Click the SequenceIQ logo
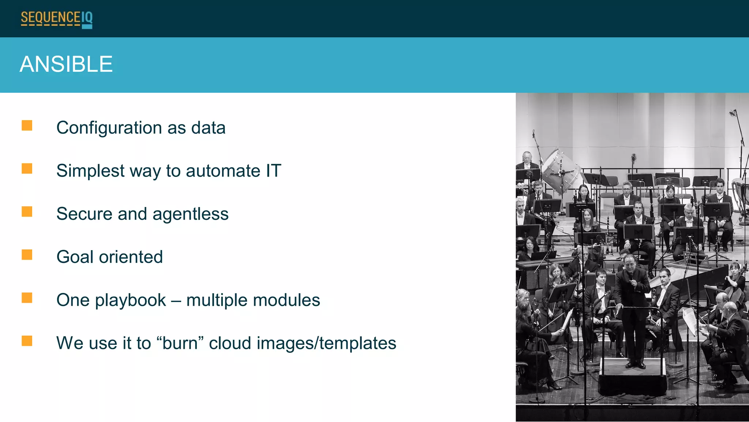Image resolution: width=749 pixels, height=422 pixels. (57, 19)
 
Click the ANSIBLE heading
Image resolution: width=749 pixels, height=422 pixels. (66, 64)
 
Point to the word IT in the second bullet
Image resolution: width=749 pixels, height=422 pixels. (274, 171)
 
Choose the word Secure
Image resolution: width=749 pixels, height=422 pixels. (84, 214)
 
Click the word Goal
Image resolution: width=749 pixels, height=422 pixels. (75, 257)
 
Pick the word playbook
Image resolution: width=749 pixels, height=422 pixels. (131, 301)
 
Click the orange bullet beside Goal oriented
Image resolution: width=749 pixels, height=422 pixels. (27, 255)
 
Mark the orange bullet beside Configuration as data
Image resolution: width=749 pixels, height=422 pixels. (27, 126)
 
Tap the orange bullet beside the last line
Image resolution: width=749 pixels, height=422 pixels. (27, 341)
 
